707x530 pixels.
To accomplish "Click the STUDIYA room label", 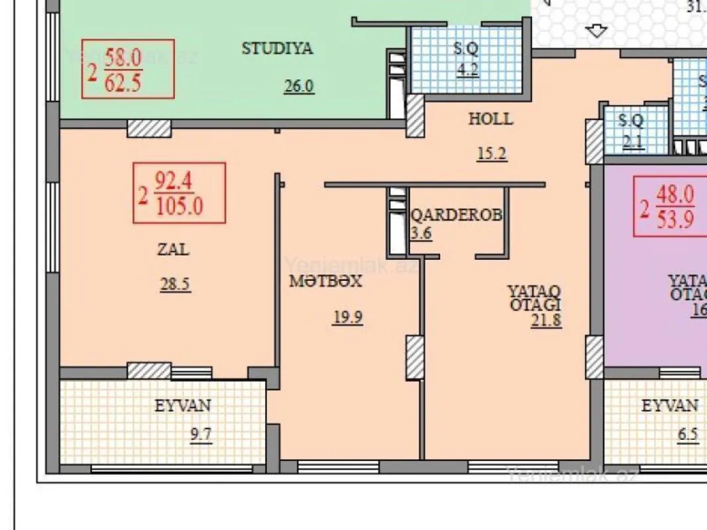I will (x=277, y=48).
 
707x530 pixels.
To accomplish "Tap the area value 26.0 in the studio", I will (x=298, y=87).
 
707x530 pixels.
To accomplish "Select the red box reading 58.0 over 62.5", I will (x=128, y=69).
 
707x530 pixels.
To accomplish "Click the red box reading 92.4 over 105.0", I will (x=179, y=193).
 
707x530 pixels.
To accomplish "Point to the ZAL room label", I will (x=173, y=250).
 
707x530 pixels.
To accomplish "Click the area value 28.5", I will (x=175, y=285).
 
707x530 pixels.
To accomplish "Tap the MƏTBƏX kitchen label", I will (x=325, y=281).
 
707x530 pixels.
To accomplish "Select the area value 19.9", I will (x=347, y=317).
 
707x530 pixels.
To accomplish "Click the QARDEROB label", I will (x=456, y=215).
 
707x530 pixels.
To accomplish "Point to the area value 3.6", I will (x=421, y=233).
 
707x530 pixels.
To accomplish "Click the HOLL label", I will (x=490, y=119).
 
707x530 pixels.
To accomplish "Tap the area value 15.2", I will (x=492, y=154).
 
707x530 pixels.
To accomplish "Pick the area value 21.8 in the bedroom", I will (x=546, y=321).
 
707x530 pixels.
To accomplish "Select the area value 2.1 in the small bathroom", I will (x=633, y=140).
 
